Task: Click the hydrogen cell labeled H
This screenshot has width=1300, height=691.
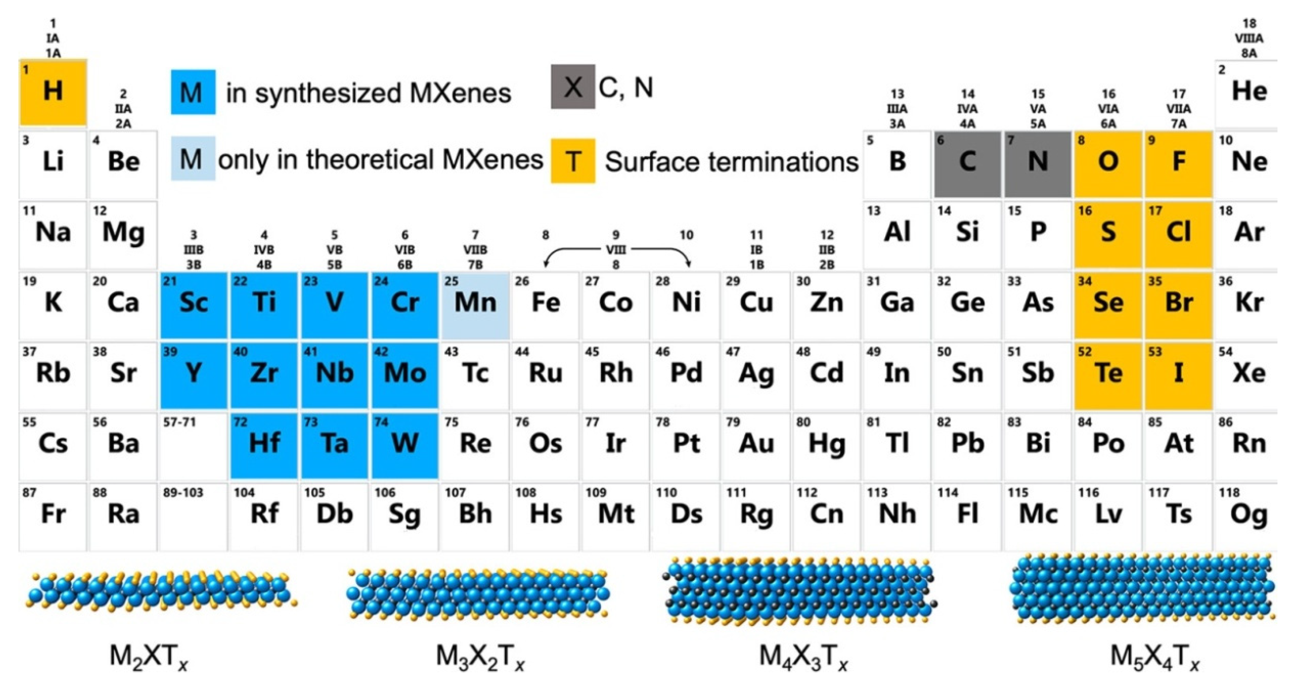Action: [x=53, y=92]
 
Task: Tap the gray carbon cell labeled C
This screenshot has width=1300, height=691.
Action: [x=967, y=164]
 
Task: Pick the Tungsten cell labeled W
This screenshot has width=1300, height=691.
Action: [x=405, y=445]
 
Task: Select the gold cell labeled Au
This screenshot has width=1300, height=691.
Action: [x=756, y=445]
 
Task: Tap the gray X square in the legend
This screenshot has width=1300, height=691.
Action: [x=573, y=87]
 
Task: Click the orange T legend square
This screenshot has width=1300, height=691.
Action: [x=573, y=161]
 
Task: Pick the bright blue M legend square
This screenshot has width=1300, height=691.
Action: [x=193, y=92]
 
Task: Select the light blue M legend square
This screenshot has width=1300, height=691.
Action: [x=193, y=158]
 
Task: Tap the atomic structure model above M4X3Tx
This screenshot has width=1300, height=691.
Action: [x=800, y=590]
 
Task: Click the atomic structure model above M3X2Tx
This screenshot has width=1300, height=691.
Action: [x=478, y=593]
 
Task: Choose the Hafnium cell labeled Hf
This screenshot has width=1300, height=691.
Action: [x=264, y=445]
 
